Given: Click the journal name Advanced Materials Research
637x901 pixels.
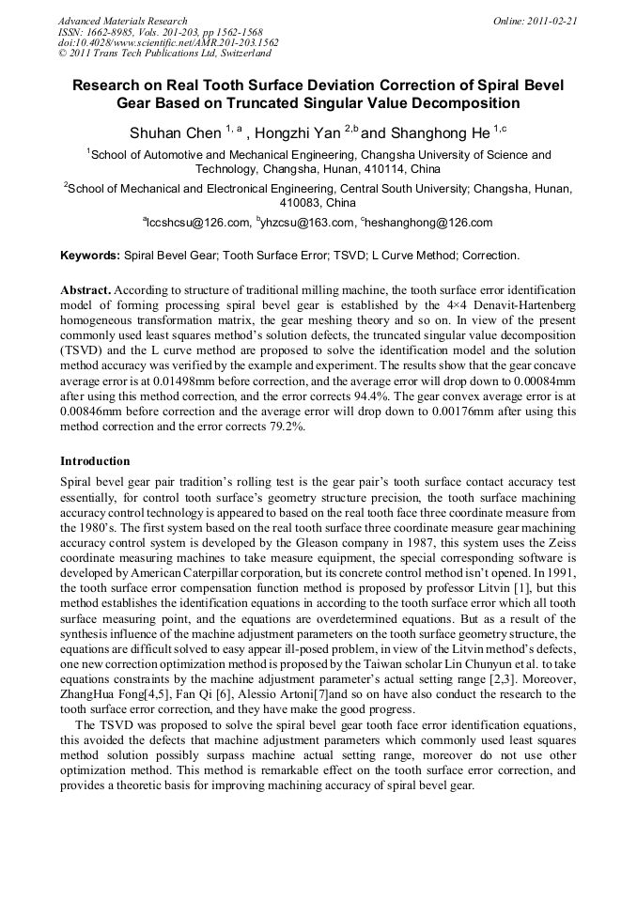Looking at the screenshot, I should coord(122,21).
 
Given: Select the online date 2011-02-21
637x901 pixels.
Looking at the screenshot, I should coord(552,21).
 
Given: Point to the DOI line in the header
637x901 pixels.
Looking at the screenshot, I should coord(168,43).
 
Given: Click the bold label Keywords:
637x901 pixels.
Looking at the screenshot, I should coord(90,256).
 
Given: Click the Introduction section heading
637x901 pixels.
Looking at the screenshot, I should coord(95,461).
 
